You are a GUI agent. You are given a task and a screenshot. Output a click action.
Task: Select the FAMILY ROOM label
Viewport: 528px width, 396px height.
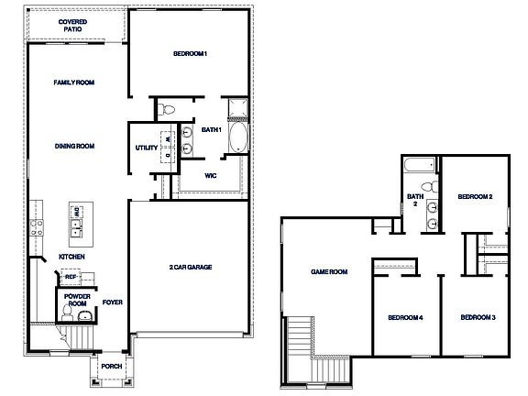(x=74, y=82)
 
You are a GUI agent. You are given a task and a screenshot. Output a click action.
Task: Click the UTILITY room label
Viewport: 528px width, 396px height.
(x=146, y=148)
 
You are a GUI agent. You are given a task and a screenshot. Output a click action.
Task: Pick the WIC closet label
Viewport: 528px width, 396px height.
(x=210, y=174)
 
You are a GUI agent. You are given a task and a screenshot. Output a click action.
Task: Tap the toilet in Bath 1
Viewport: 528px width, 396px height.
(x=166, y=110)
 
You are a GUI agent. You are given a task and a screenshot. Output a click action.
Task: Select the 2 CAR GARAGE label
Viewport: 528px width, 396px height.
(x=191, y=267)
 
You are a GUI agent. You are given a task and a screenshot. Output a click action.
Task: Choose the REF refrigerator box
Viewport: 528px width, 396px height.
(x=69, y=275)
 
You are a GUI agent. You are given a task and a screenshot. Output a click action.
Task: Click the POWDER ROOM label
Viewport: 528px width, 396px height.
(x=77, y=301)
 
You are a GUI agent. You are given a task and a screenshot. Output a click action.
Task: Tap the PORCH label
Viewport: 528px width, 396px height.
(x=111, y=367)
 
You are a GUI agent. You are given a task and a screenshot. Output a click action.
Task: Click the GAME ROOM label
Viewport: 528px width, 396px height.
(x=329, y=271)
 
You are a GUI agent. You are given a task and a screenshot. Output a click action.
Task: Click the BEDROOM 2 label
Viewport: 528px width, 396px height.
(x=476, y=196)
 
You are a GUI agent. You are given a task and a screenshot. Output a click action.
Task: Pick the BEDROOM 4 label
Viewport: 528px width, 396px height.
(x=404, y=317)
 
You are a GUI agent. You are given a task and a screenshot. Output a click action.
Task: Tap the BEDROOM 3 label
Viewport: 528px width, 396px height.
(x=478, y=317)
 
